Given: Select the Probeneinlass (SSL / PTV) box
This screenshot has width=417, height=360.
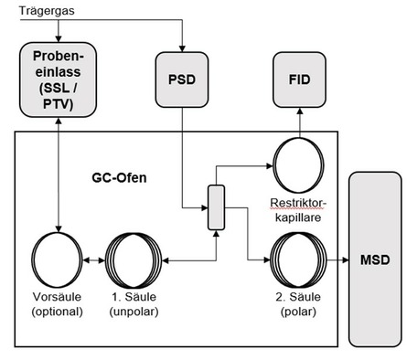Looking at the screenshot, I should (x=59, y=80).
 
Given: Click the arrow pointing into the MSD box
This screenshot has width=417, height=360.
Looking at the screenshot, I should (x=343, y=259).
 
